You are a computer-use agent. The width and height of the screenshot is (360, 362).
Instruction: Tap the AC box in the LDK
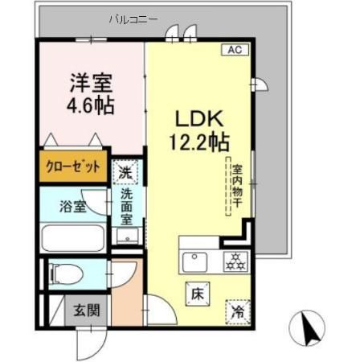235,49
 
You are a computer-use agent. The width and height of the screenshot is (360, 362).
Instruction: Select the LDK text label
200,117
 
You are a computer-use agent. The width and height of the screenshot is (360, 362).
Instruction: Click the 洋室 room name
89,82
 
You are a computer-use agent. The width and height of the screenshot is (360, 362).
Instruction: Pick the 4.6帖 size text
89,105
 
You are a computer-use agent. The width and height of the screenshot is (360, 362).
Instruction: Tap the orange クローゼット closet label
72,167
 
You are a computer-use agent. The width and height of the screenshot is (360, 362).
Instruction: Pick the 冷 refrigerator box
238,307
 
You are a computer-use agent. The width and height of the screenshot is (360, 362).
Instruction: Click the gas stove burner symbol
234,261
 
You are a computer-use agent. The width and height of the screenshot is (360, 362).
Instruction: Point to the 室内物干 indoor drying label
238,188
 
